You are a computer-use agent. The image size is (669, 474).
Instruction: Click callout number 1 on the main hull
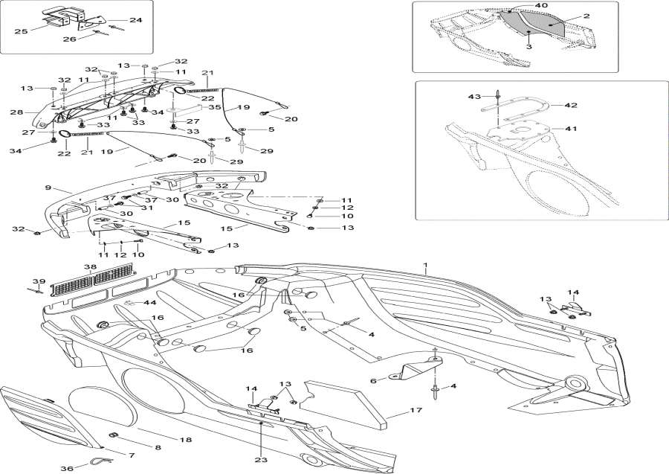426,266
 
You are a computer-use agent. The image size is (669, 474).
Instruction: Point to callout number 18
186,440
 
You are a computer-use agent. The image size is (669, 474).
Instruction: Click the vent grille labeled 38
94,280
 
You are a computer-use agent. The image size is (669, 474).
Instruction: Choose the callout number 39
33,282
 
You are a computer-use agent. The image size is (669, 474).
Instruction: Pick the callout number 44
150,302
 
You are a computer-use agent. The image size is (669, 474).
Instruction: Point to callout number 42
570,106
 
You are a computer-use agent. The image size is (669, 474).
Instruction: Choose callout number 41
570,129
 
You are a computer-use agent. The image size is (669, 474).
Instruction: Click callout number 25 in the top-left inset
20,31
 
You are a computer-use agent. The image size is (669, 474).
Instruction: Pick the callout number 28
16,112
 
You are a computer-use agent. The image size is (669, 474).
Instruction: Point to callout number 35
215,107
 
